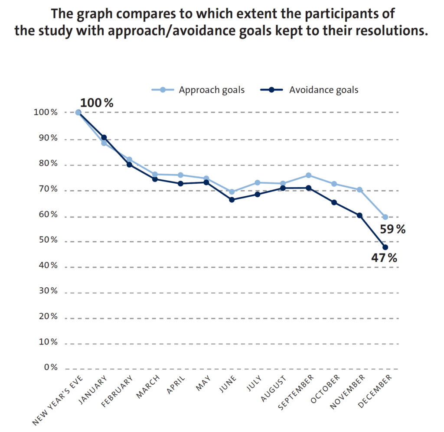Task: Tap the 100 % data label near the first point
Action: coord(97,103)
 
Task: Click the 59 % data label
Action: coord(393,229)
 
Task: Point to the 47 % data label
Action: coord(384,258)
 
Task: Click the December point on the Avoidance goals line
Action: coord(385,247)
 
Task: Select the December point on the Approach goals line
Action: coord(385,217)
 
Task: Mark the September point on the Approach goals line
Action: coord(308,175)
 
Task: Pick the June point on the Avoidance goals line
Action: coord(232,200)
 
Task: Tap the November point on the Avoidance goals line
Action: coord(359,215)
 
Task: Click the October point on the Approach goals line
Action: coord(334,184)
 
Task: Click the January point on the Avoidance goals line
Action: coord(104,137)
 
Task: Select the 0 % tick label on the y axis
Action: coord(51,368)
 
